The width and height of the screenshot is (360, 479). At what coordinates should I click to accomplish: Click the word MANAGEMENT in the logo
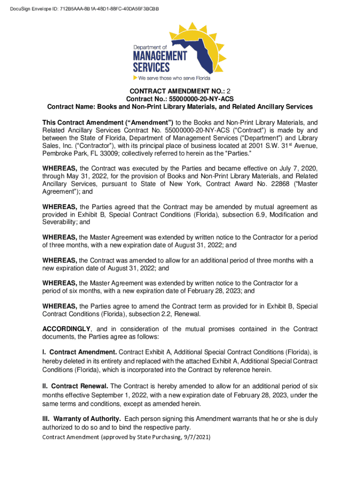click(160, 55)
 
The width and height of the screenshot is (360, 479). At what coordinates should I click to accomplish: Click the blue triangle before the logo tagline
click(136, 78)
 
